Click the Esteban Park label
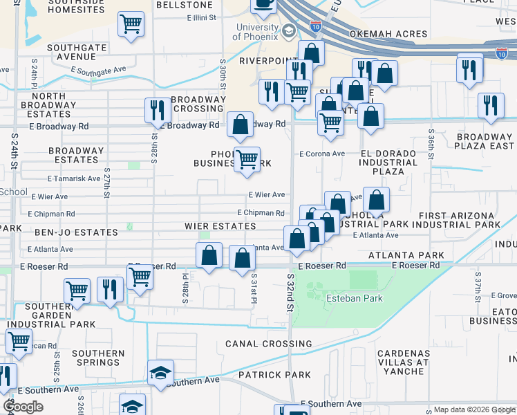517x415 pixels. tap(354, 298)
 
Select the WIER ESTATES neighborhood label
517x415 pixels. tap(220, 226)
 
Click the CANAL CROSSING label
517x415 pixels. tap(268, 344)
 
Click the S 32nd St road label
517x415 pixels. tap(291, 290)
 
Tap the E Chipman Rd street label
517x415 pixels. tap(261, 213)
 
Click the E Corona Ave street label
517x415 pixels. tap(321, 154)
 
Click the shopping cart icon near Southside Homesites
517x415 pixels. tap(131, 24)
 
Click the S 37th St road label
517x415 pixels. tap(477, 284)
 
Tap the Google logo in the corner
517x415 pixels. tap(23, 407)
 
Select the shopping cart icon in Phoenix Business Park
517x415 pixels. tap(247, 160)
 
